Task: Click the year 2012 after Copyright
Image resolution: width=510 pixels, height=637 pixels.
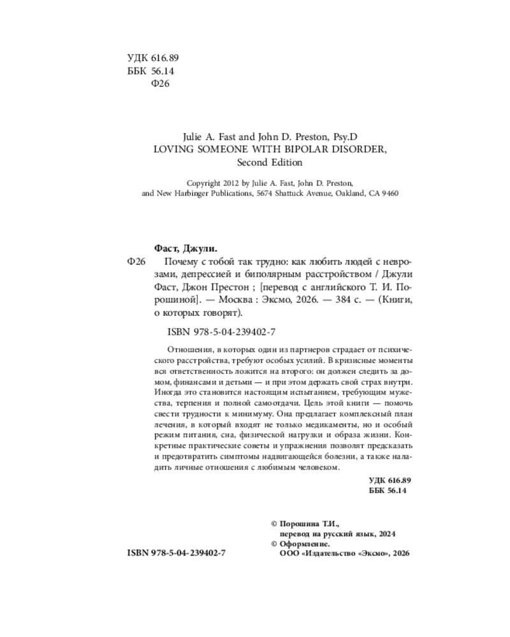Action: (x=232, y=182)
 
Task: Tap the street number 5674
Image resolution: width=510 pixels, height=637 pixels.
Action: (x=265, y=194)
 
